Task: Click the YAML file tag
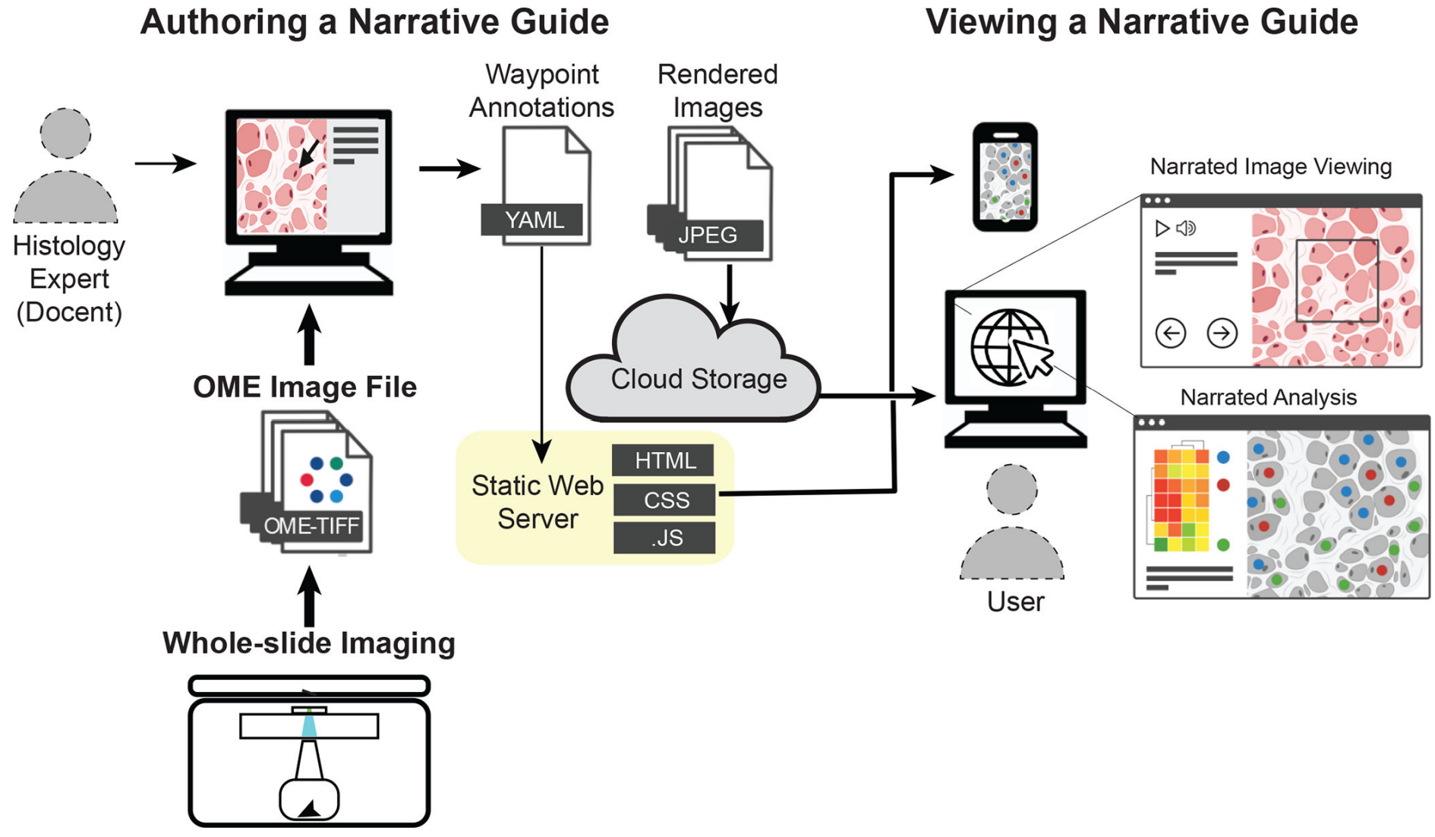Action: pyautogui.click(x=533, y=220)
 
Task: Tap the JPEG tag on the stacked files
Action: pyautogui.click(x=708, y=235)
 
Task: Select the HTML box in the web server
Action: pyautogui.click(x=664, y=460)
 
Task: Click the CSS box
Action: pyautogui.click(x=666, y=500)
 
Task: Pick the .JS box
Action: pyautogui.click(x=666, y=538)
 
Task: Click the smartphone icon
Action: pyautogui.click(x=1005, y=177)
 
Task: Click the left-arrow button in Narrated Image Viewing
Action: pyautogui.click(x=1170, y=333)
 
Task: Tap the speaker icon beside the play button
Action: pyautogui.click(x=1186, y=228)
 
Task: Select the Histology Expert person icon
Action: pyautogui.click(x=66, y=167)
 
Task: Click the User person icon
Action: pyautogui.click(x=1012, y=524)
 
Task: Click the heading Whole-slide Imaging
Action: pyautogui.click(x=308, y=643)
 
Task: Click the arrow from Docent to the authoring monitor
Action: pyautogui.click(x=165, y=163)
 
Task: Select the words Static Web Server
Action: pyautogui.click(x=537, y=501)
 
